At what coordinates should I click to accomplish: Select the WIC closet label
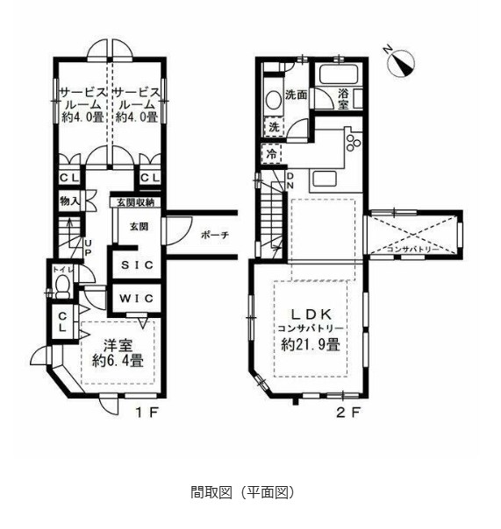(x=135, y=298)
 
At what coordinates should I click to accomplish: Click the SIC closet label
(x=135, y=264)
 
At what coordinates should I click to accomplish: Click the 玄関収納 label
(x=132, y=202)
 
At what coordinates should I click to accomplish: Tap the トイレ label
(x=61, y=270)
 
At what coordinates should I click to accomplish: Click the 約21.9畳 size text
(x=311, y=344)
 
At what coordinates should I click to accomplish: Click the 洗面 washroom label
(x=296, y=95)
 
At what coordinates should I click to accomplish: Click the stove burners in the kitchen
(x=353, y=140)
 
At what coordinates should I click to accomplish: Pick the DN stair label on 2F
(x=290, y=180)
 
